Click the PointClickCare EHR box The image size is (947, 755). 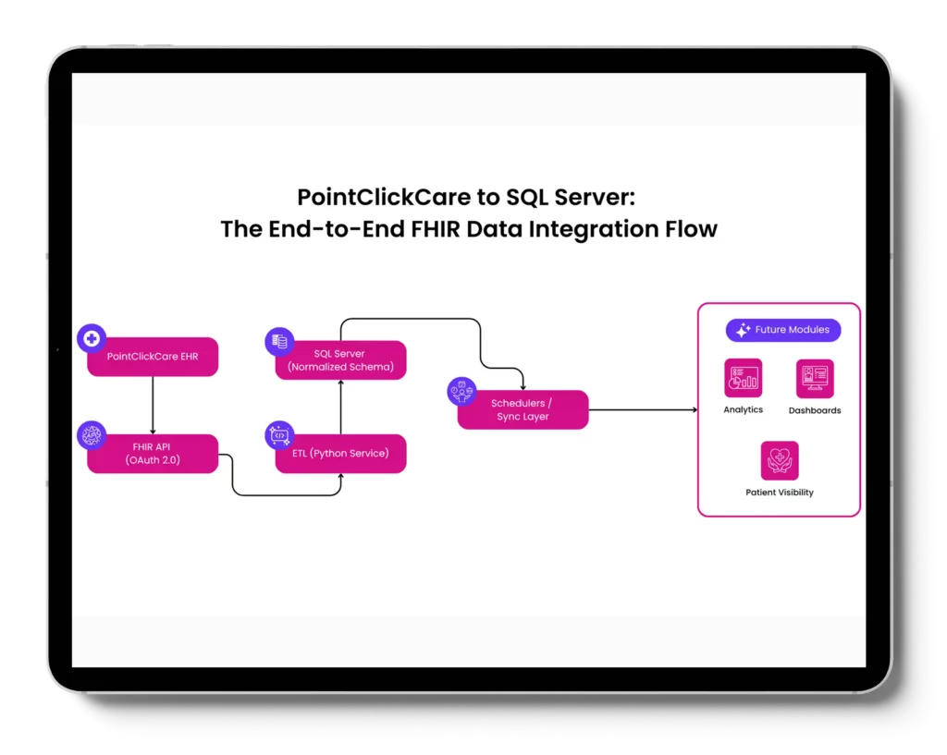(153, 357)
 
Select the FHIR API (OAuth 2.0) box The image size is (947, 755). (153, 454)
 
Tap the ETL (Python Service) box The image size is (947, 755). (341, 454)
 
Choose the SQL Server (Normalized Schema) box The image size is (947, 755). (341, 360)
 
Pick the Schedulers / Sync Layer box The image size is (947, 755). (523, 409)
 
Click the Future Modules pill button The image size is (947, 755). (783, 330)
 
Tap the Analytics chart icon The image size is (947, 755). (743, 378)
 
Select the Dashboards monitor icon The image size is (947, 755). (815, 378)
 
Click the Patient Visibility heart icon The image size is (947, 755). (780, 460)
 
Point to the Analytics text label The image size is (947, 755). (743, 409)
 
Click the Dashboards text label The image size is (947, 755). (815, 410)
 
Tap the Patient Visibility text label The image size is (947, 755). (780, 493)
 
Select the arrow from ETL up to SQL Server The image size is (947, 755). (341, 407)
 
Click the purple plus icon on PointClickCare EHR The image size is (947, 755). (92, 339)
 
